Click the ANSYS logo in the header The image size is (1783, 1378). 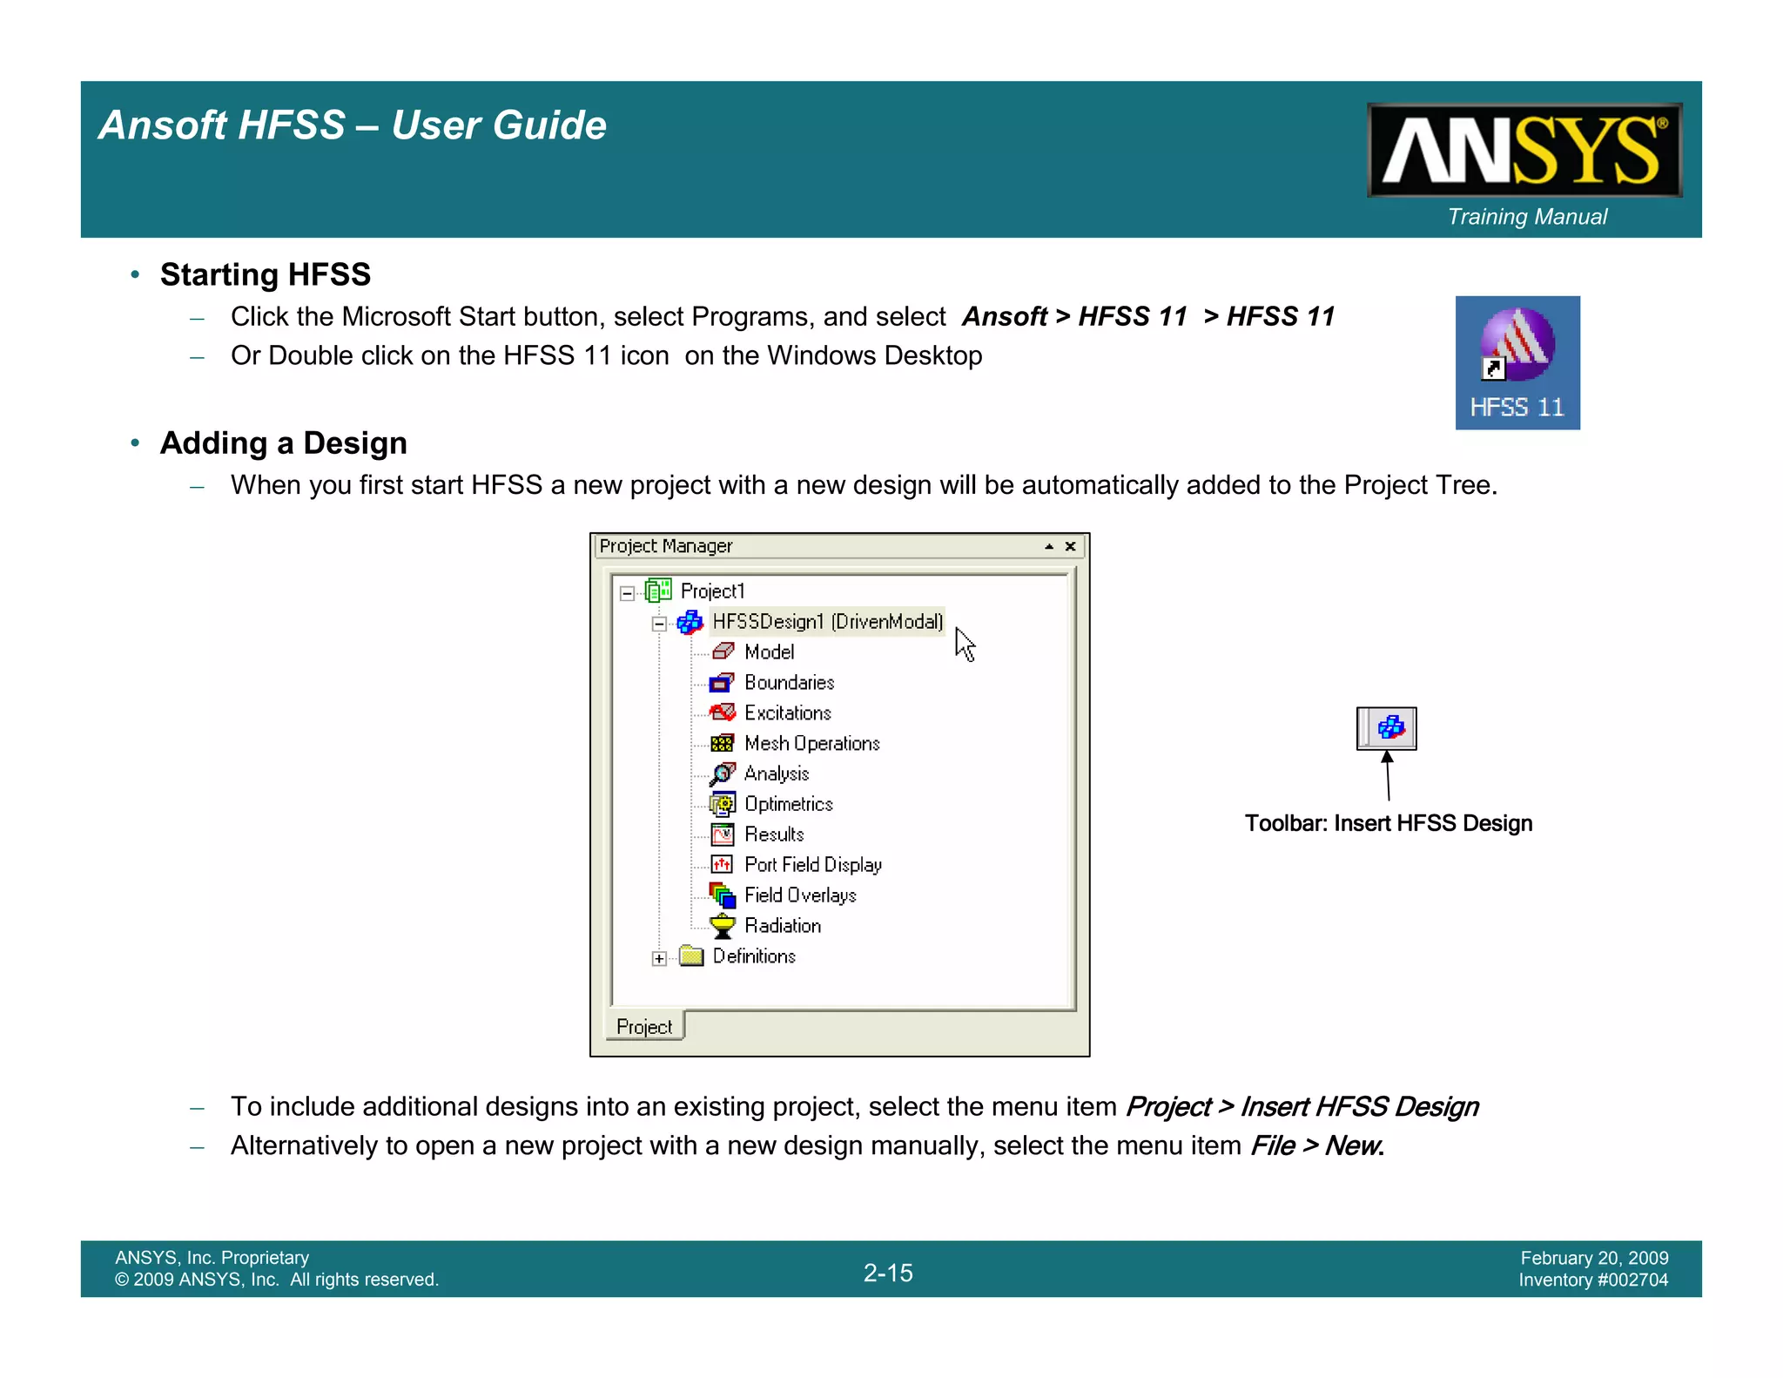1524,150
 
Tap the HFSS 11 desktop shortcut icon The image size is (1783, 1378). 1517,362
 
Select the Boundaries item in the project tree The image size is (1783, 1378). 789,683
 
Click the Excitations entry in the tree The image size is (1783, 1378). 787,713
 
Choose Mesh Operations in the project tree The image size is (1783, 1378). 811,744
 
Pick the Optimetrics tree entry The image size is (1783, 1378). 788,804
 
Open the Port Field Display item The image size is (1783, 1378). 812,865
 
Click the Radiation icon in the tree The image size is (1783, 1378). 723,926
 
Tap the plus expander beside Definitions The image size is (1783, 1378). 659,958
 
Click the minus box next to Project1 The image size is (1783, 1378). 627,593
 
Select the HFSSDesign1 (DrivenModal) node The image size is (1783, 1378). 827,622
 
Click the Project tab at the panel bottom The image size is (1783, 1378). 644,1027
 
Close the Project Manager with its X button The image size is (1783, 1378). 1071,547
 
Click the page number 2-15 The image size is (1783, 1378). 888,1273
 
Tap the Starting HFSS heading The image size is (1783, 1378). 266,275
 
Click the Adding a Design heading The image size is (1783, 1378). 284,443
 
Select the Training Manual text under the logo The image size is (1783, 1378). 1527,217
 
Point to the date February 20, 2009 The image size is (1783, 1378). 1594,1258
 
